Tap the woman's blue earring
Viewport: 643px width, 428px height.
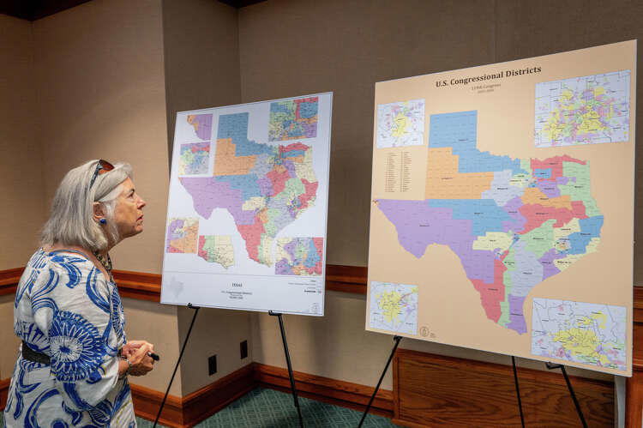(x=101, y=220)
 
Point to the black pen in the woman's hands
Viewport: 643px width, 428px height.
(x=152, y=355)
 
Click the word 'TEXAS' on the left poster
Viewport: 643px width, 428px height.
(x=237, y=284)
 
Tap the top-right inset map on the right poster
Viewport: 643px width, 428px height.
(x=582, y=108)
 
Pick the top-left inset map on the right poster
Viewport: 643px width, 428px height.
(x=400, y=123)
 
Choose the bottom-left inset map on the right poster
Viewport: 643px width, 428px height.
(x=394, y=306)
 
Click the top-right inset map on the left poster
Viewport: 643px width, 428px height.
(x=293, y=119)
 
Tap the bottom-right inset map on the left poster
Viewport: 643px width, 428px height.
(x=298, y=256)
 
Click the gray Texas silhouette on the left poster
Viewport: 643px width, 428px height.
(x=176, y=287)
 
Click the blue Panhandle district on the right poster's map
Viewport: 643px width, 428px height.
(x=454, y=133)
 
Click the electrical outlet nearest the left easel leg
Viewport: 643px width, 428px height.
(x=213, y=364)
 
